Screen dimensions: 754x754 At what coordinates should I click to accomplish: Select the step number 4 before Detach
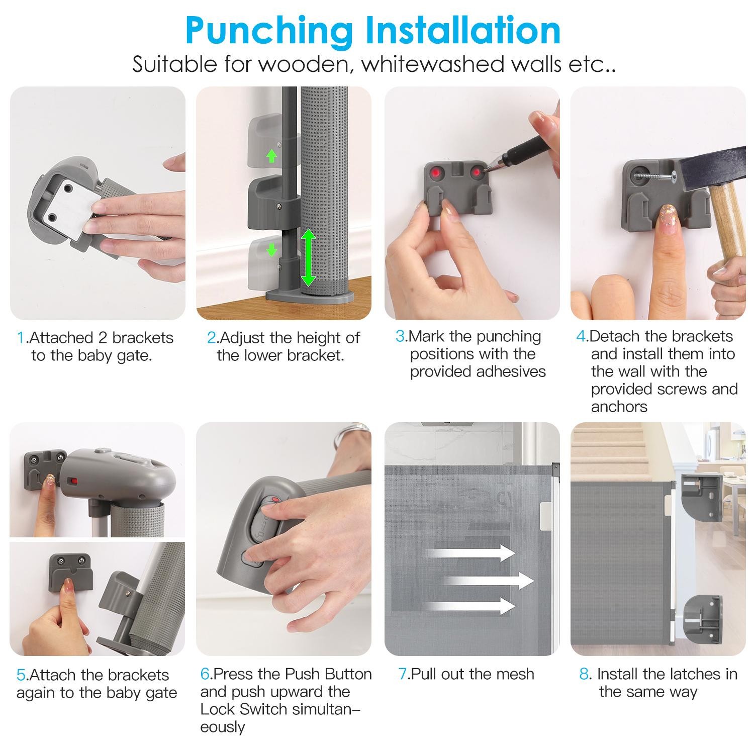click(x=581, y=336)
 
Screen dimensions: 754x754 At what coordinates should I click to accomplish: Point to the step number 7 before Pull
click(x=402, y=674)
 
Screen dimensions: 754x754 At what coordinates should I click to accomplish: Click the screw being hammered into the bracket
click(x=655, y=176)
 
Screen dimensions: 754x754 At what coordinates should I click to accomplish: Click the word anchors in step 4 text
click(x=619, y=406)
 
